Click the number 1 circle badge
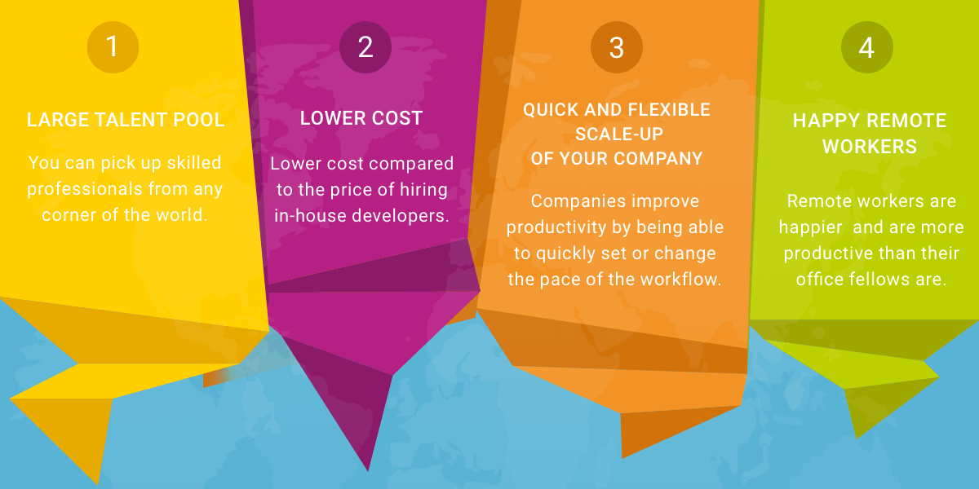(113, 47)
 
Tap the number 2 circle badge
(365, 47)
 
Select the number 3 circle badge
(617, 47)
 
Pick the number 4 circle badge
(867, 47)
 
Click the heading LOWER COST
(361, 118)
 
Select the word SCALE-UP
(619, 134)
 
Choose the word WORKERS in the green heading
(870, 147)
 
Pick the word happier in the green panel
(811, 228)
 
